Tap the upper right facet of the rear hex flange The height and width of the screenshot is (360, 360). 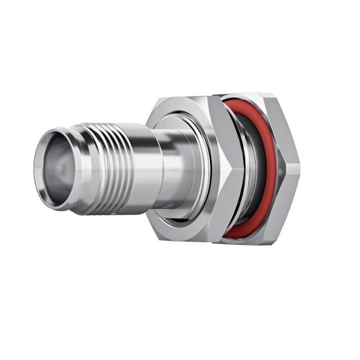283,126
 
